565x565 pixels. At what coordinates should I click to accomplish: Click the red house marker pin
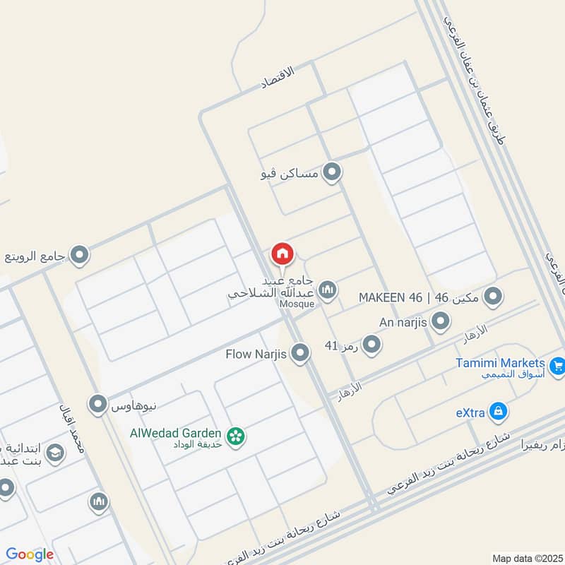click(x=282, y=254)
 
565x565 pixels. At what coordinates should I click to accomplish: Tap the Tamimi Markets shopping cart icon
click(x=557, y=366)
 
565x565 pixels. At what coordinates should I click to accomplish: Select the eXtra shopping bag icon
click(x=499, y=410)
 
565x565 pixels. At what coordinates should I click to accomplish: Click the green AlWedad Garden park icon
click(x=236, y=437)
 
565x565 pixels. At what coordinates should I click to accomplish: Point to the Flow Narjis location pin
click(x=301, y=354)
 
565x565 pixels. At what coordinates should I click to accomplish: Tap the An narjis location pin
click(x=441, y=322)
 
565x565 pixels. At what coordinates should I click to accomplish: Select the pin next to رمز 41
click(x=372, y=345)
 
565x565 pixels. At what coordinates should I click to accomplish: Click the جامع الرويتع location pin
click(x=80, y=254)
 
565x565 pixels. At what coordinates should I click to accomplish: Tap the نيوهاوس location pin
click(x=97, y=405)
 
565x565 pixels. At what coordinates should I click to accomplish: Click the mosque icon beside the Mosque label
click(x=327, y=290)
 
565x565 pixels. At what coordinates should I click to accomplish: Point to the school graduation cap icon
click(x=54, y=453)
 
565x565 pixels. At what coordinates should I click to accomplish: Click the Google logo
click(x=30, y=554)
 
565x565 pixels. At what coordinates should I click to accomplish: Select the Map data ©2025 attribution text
click(x=527, y=558)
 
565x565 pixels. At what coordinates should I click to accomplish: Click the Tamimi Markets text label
click(x=499, y=362)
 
